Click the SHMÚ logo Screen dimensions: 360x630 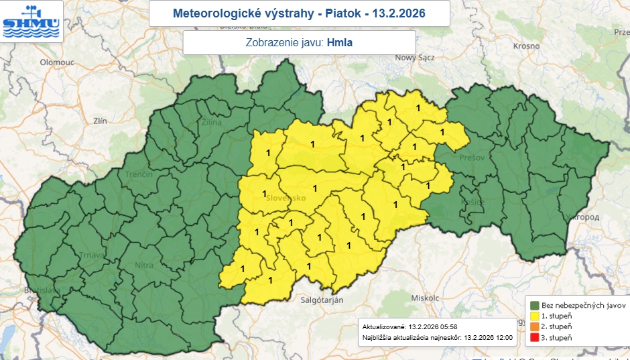[x=31, y=21]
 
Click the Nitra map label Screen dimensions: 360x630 [x=145, y=265]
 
